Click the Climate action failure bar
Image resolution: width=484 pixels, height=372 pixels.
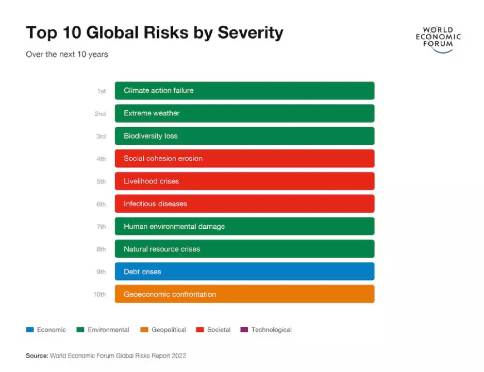pyautogui.click(x=244, y=91)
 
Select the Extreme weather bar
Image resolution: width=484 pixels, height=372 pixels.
pyautogui.click(x=244, y=113)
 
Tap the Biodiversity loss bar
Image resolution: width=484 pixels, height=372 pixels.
pyautogui.click(x=244, y=136)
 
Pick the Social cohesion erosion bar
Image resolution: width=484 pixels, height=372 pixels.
pyautogui.click(x=244, y=159)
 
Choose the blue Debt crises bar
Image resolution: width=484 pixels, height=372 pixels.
pyautogui.click(x=244, y=272)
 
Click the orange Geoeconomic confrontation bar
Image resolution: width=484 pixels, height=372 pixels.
pyautogui.click(x=244, y=294)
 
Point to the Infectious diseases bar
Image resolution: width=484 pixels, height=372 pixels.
pyautogui.click(x=244, y=204)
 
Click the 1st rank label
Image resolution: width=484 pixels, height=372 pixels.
pyautogui.click(x=102, y=91)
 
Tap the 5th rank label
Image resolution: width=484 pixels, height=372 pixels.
pyautogui.click(x=101, y=181)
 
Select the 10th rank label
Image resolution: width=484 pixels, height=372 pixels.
pyautogui.click(x=99, y=295)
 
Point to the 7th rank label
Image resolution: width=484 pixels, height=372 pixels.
pyautogui.click(x=101, y=227)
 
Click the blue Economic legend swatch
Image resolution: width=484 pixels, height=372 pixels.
pyautogui.click(x=29, y=330)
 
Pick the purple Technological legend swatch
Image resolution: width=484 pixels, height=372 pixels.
pyautogui.click(x=244, y=330)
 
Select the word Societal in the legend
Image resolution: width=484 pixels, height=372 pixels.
pyautogui.click(x=219, y=330)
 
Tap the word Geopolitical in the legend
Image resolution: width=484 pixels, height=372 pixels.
pyautogui.click(x=169, y=330)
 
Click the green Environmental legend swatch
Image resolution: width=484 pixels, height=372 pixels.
pyautogui.click(x=80, y=330)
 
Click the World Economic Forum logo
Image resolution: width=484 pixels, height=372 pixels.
pyautogui.click(x=438, y=39)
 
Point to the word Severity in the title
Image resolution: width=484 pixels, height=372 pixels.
pyautogui.click(x=251, y=33)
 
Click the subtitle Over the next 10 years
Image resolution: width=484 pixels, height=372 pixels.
pyautogui.click(x=67, y=54)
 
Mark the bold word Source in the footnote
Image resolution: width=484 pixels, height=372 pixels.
pyautogui.click(x=37, y=356)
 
